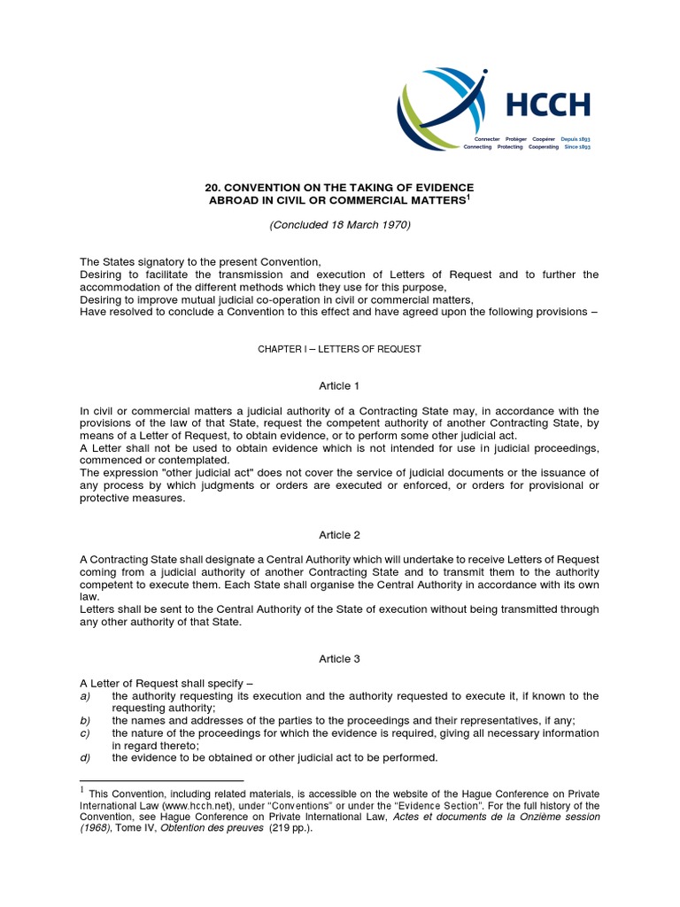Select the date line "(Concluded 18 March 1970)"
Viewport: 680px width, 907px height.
[x=340, y=225]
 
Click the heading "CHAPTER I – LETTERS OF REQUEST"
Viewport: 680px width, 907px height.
[x=340, y=349]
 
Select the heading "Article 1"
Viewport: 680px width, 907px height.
[x=340, y=386]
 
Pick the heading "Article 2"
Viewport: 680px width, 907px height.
[x=340, y=535]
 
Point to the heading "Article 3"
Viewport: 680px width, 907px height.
[x=340, y=659]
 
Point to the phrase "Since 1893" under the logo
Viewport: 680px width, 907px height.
[x=577, y=147]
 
